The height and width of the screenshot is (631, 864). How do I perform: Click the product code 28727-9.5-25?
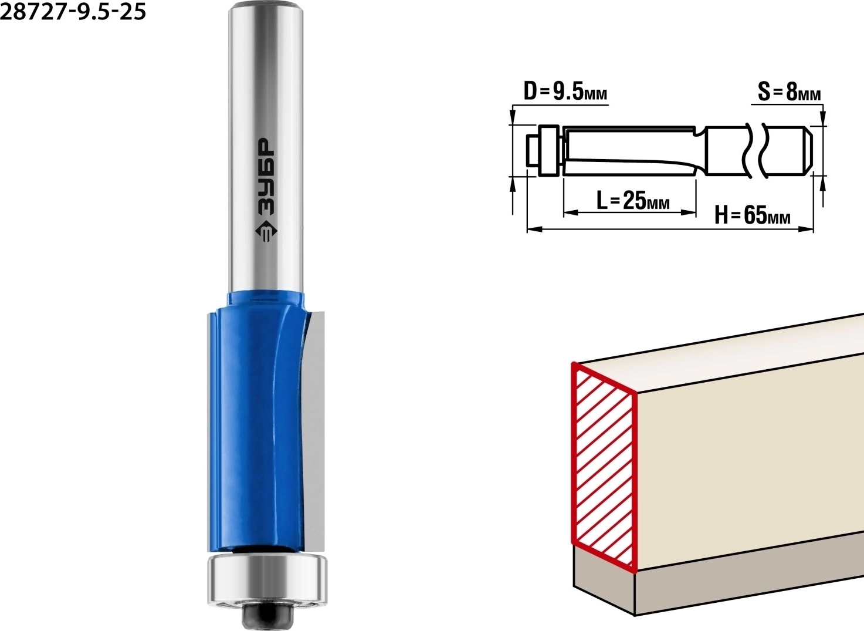pyautogui.click(x=73, y=11)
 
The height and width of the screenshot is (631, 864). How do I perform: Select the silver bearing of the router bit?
pyautogui.click(x=267, y=576)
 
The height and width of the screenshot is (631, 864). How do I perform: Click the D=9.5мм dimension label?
pyautogui.click(x=565, y=92)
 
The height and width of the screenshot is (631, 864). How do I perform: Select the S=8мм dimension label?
pyautogui.click(x=789, y=92)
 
